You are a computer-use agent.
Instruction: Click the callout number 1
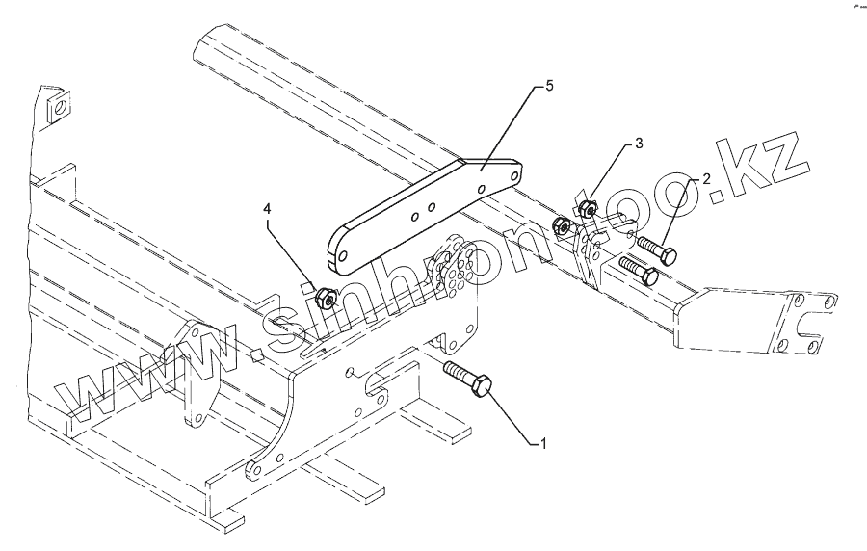tap(543, 444)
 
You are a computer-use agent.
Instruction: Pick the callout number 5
tap(548, 87)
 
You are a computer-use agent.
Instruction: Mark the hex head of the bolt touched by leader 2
tap(666, 255)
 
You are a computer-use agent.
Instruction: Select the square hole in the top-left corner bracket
tap(60, 109)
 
